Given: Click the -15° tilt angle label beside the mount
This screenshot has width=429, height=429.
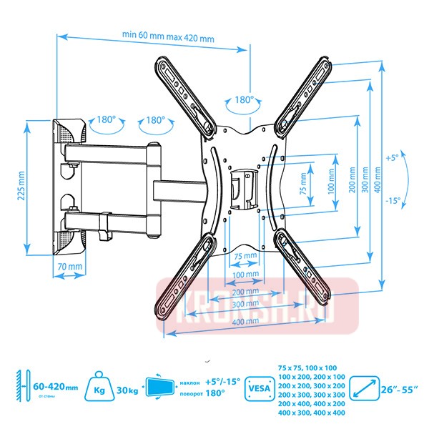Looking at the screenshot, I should (x=393, y=201).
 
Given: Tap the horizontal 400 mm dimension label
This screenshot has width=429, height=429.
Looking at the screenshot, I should (x=245, y=322).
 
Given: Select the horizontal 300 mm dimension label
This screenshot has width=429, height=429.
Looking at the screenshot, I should (x=245, y=304).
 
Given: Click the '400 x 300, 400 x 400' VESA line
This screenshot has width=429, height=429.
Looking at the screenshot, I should (x=311, y=413).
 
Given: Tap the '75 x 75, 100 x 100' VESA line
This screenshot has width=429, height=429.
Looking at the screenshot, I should (x=311, y=367).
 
